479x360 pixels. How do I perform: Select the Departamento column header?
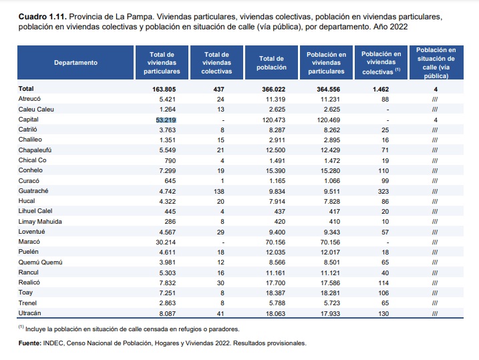75,63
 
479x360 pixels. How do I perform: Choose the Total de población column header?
272,63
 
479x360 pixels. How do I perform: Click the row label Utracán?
30,313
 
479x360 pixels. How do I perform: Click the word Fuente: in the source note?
31,343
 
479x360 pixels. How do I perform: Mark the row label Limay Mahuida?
40,220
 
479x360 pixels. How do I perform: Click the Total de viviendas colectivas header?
216,63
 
